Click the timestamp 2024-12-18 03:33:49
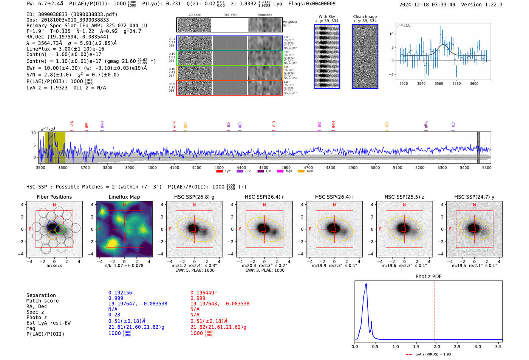click(427, 5)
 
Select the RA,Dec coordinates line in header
click(67, 37)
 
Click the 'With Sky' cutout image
click(327, 56)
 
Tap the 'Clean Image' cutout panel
click(365, 56)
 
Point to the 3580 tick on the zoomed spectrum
click(456, 83)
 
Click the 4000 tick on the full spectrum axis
click(152, 167)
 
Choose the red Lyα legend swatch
click(220, 171)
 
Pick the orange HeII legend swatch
click(301, 171)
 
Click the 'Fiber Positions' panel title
click(54, 197)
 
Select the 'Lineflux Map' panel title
click(124, 197)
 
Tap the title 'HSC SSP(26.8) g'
click(194, 197)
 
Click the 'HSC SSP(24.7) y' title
click(474, 197)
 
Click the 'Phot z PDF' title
click(428, 276)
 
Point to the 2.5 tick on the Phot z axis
click(457, 346)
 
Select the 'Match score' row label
click(42, 301)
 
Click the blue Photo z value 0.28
click(114, 315)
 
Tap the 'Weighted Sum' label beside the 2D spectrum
click(290, 23)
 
